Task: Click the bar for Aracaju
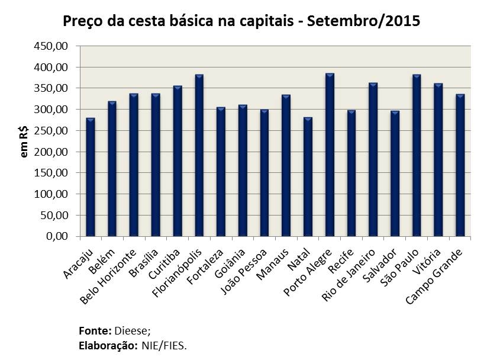[x=91, y=178]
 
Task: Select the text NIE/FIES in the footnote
[x=164, y=345]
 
